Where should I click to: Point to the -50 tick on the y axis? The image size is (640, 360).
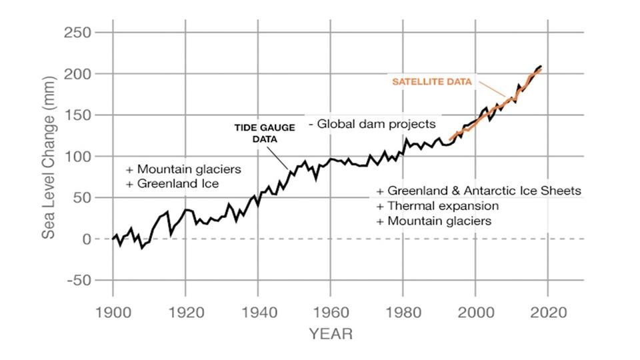79,281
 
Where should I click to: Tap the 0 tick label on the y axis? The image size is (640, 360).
87,239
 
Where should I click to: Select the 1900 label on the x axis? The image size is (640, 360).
112,313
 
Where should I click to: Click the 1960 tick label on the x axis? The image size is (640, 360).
329,313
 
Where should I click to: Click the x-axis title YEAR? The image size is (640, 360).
330,334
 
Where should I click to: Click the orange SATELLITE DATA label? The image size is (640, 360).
431,81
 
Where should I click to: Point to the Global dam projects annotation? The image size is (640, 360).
372,124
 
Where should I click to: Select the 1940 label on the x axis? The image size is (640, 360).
257,313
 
